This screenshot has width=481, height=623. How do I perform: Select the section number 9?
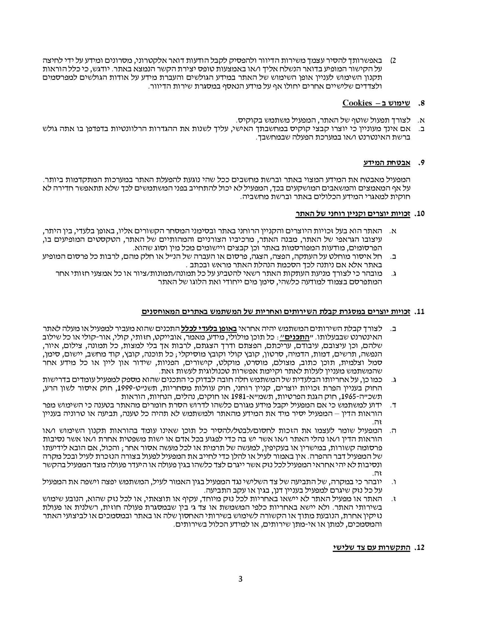421,163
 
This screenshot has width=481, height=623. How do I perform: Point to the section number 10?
419,214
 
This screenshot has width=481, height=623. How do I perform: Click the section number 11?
419,311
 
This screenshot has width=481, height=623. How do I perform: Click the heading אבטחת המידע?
387,163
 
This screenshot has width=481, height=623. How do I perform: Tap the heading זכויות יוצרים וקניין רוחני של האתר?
352,214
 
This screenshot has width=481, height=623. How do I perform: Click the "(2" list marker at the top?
393,60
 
